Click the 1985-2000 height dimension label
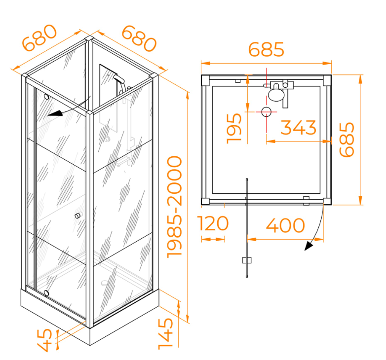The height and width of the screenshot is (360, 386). pyautogui.click(x=175, y=207)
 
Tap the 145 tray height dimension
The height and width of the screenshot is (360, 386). pyautogui.click(x=166, y=334)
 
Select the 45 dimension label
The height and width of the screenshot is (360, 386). pyautogui.click(x=44, y=341)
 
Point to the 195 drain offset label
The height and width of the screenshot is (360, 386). pyautogui.click(x=234, y=128)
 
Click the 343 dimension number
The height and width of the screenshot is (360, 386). pyautogui.click(x=298, y=127)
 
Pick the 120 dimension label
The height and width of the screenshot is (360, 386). pyautogui.click(x=213, y=223)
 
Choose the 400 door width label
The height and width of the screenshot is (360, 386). pyautogui.click(x=285, y=225)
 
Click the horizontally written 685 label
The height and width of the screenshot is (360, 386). pyautogui.click(x=266, y=49)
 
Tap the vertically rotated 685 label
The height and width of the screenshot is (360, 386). pyautogui.click(x=347, y=140)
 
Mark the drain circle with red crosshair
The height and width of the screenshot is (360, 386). pyautogui.click(x=266, y=112)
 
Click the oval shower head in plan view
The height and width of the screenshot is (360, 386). pyautogui.click(x=276, y=95)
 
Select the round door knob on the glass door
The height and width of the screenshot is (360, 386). pyautogui.click(x=77, y=216)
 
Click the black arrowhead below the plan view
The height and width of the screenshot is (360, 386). pyautogui.click(x=309, y=246)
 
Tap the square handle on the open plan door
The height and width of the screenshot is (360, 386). pyautogui.click(x=247, y=260)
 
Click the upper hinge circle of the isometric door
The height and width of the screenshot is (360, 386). pyautogui.click(x=46, y=97)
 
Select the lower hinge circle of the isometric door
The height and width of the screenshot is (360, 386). pyautogui.click(x=46, y=293)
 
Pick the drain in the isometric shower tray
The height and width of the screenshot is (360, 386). pyautogui.click(x=105, y=283)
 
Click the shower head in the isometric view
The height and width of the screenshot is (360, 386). pyautogui.click(x=119, y=79)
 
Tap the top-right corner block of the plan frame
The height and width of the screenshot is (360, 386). pyautogui.click(x=327, y=80)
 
